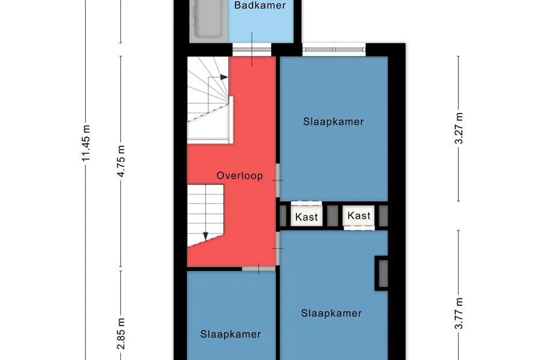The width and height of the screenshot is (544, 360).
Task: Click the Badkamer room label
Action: [260, 5]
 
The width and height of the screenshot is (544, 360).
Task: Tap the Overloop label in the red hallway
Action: [239, 176]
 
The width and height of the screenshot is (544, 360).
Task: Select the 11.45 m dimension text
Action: [86, 143]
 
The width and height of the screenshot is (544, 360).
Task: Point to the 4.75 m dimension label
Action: [121, 161]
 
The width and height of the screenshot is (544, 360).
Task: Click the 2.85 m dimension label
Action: [121, 334]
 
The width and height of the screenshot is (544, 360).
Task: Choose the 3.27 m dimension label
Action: [459, 128]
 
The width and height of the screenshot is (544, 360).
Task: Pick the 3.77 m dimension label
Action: [459, 313]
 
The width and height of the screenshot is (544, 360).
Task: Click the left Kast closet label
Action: [306, 217]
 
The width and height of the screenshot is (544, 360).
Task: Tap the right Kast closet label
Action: [359, 215]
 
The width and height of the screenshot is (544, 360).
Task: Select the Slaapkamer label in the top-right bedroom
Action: [333, 122]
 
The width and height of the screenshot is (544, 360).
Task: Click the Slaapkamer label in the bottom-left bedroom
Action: [231, 334]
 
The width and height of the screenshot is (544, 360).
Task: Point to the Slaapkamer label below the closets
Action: [332, 313]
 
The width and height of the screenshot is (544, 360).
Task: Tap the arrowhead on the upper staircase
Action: [224, 77]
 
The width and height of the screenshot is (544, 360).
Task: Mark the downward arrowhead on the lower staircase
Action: [206, 236]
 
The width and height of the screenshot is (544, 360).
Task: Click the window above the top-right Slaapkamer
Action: [334, 50]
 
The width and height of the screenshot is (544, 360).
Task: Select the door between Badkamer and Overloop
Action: [252, 50]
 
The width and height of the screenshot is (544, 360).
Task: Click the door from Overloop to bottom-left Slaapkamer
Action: [258, 268]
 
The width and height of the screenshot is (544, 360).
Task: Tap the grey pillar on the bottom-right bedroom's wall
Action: [383, 273]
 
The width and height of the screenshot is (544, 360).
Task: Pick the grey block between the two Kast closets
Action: [332, 215]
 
